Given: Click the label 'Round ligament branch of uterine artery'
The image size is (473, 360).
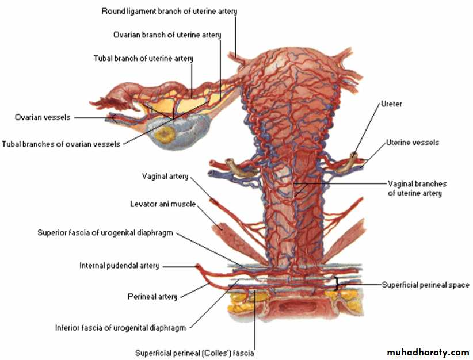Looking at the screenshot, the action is coord(169,12).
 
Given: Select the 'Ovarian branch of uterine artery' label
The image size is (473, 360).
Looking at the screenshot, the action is coord(167,35).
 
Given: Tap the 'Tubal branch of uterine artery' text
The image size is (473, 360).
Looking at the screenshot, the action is coord(143,59).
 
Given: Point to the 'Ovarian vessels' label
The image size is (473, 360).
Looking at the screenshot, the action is coord(43,117).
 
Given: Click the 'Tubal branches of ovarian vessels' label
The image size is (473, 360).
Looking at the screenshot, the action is coord(61,144).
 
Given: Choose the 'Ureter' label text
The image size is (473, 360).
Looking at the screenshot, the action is coord(391,104).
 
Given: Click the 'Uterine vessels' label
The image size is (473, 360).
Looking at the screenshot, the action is coord(413,143).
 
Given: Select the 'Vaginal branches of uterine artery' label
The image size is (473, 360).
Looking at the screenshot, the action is coord(417,189).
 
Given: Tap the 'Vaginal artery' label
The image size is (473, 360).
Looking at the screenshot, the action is coord(165,177).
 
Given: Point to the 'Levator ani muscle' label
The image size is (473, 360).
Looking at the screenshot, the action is coord(163,204).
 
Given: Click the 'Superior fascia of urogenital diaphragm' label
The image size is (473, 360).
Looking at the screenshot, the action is coord(105,233).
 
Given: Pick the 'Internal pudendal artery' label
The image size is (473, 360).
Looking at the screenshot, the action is coord(119,266).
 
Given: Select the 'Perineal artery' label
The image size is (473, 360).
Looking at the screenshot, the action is coord(152,297).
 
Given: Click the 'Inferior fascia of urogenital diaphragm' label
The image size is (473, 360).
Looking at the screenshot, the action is coord(120,328).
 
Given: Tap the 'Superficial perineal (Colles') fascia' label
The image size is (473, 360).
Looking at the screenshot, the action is coord(194,353).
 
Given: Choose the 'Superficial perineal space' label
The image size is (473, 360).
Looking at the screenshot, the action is coord(426,285).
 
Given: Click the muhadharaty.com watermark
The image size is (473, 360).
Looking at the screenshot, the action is coord(428,352).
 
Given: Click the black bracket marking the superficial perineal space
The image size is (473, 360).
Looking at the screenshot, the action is coord(337,284).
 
